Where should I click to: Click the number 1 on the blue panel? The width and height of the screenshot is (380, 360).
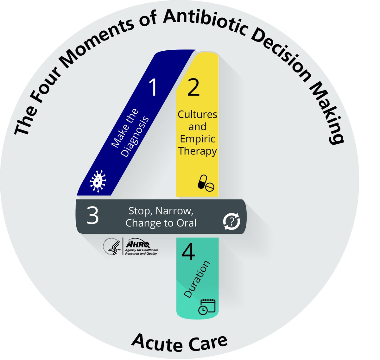153,87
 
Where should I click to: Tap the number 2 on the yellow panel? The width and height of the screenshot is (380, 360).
193,87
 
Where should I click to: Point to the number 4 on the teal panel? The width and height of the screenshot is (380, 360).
188,253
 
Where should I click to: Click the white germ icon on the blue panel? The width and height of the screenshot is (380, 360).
98,181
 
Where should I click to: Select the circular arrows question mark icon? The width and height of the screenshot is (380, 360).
231,221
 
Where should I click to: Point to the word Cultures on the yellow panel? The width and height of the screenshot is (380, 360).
197,114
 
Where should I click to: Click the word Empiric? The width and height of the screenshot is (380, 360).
197,139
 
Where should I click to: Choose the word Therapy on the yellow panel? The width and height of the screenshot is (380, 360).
197,151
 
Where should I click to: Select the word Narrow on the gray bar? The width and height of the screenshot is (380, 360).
175,211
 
